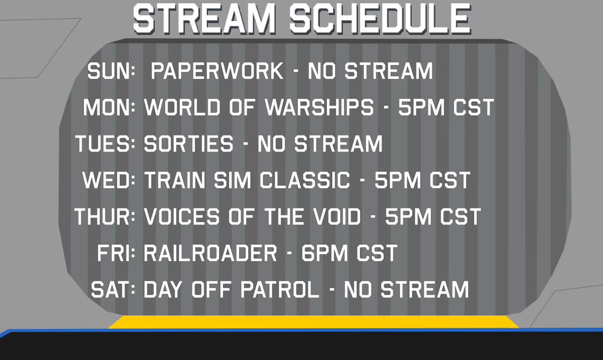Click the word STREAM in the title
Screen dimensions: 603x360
[x=204, y=19]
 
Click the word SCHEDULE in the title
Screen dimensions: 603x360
[x=381, y=19]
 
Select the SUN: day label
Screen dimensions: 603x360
[x=112, y=71]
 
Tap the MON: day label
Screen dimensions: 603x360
[x=109, y=107]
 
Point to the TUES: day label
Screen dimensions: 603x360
[x=105, y=144]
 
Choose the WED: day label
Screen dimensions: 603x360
[x=109, y=180]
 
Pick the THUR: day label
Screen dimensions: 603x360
[x=105, y=217]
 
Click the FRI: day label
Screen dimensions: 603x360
[x=116, y=253]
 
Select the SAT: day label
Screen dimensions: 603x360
[x=113, y=290]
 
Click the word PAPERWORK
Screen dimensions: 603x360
[x=217, y=71]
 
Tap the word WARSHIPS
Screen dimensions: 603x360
[x=319, y=107]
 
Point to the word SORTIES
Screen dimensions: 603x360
[x=189, y=144]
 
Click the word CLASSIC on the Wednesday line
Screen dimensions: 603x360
[x=305, y=180]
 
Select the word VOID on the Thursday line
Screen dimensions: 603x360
[x=337, y=217]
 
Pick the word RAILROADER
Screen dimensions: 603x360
[x=210, y=253]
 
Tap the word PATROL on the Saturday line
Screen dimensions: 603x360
[x=280, y=290]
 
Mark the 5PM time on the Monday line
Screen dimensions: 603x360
[x=421, y=107]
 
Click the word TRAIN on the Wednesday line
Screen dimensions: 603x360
[x=175, y=180]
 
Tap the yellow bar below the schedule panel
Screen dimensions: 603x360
[x=313, y=322]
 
